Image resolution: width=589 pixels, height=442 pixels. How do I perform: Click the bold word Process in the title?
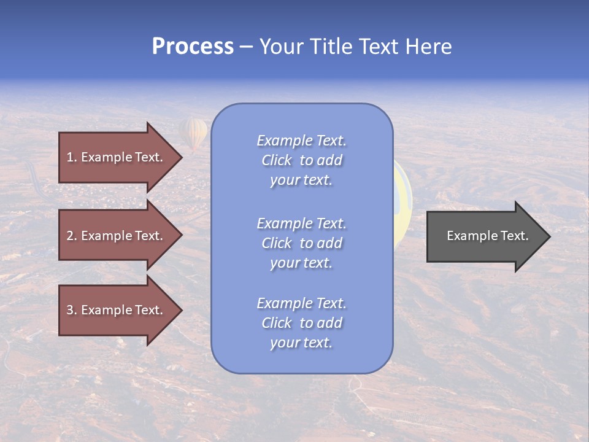[x=193, y=47]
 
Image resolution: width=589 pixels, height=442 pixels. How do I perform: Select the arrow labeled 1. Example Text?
[x=115, y=157]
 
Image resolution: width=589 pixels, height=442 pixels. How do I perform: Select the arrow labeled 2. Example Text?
[x=115, y=236]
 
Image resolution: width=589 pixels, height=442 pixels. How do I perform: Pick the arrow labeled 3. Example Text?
[x=115, y=310]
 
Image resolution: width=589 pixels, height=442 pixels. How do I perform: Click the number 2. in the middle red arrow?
[x=72, y=236]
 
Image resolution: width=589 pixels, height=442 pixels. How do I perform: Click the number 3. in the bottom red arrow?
[x=72, y=310]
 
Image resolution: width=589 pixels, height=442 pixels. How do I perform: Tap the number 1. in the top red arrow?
[x=72, y=157]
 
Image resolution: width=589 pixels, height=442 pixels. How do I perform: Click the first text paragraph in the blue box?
[x=301, y=160]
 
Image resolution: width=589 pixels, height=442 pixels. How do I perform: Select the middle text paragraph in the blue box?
[x=301, y=243]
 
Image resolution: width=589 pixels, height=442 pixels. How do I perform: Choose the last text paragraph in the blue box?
[x=301, y=323]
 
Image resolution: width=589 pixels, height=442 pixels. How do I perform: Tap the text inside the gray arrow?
[x=487, y=236]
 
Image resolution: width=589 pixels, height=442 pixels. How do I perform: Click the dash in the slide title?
[x=247, y=47]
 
